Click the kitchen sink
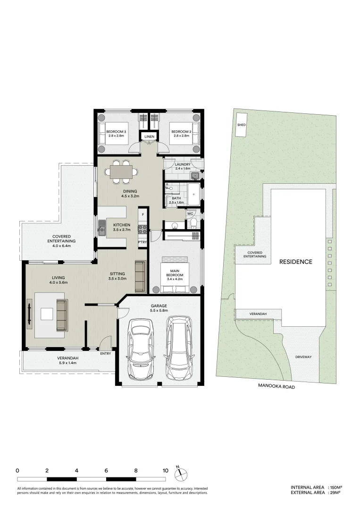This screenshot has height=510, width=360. point(102,231)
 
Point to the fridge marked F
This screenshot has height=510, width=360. point(142,215)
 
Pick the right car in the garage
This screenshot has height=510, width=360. point(179,348)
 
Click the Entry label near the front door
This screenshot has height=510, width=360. point(106,353)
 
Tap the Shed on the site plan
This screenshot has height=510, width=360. point(241,125)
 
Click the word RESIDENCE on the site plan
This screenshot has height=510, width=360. point(295,262)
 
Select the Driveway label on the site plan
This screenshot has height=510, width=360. point(303,357)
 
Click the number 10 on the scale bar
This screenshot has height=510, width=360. point(165,470)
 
